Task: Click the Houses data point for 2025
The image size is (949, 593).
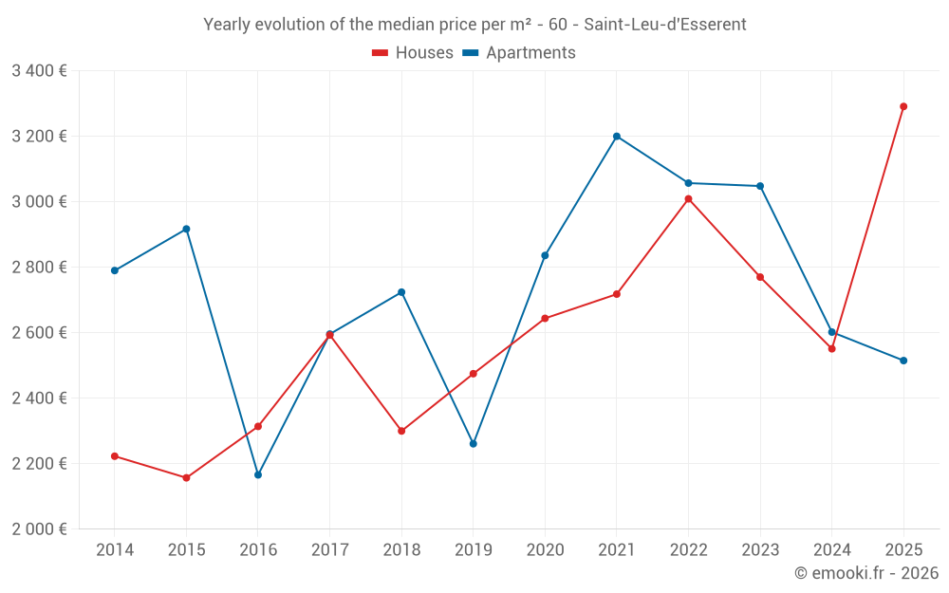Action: pos(903,106)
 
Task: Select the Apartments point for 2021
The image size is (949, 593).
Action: pos(617,137)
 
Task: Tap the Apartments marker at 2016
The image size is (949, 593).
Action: pos(258,474)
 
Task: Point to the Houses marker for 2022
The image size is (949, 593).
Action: pos(688,199)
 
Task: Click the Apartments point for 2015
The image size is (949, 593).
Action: pos(186,229)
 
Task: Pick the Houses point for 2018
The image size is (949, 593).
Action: pos(401,431)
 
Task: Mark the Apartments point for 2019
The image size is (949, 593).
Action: pos(474,444)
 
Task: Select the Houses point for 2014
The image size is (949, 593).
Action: pos(115,456)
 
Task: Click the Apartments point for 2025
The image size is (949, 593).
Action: pos(903,361)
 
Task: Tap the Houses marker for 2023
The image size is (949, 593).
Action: pos(760,277)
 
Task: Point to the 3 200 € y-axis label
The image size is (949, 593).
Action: pos(39,137)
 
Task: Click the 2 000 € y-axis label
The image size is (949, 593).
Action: pos(39,529)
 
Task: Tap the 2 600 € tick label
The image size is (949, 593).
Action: pos(39,333)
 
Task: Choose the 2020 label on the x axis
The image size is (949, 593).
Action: pos(545,550)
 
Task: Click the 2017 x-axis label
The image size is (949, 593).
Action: pos(329,550)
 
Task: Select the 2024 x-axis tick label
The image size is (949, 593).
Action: pos(831,550)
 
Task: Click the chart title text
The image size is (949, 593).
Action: pos(474,25)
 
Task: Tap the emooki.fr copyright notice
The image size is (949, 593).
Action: pos(865,573)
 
